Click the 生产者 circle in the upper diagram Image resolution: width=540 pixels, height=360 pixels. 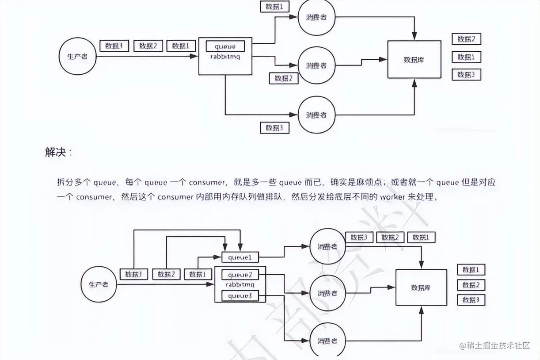pos(77,57)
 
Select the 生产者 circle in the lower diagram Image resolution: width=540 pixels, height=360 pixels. pos(99,284)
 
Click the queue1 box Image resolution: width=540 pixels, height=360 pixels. pos(240,257)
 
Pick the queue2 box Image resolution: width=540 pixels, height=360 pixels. pos(240,275)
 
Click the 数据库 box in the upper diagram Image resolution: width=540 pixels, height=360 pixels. pos(414,59)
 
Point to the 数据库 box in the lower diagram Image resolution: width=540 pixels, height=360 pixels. pos(421,287)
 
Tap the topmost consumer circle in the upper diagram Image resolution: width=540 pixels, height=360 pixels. pos(316,17)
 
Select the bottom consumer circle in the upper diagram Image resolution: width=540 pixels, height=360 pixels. pos(316,115)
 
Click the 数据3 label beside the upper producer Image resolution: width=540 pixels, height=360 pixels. pos(114,46)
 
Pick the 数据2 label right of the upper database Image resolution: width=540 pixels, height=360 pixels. pos(466,39)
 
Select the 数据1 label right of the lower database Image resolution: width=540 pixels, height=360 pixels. pos(471,270)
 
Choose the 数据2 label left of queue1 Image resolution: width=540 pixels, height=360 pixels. pos(166,274)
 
